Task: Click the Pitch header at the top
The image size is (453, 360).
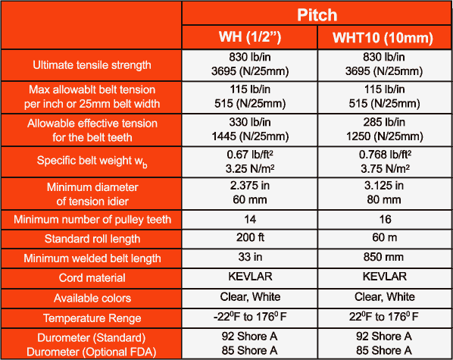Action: (317, 14)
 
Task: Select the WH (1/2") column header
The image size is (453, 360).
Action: (250, 37)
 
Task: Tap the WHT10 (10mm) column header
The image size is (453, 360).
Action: (383, 38)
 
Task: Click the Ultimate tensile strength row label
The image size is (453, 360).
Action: (92, 64)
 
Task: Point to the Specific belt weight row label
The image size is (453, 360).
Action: (92, 161)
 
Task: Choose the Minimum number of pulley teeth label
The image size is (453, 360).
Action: (92, 220)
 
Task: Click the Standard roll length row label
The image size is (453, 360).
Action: (92, 239)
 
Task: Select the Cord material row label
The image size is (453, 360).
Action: (92, 277)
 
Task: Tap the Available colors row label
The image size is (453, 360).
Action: (92, 298)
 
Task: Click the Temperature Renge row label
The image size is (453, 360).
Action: (92, 318)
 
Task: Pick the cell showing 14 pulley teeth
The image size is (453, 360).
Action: (250, 220)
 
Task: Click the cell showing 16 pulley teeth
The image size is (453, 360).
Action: (385, 220)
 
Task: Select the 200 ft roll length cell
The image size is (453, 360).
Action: (250, 237)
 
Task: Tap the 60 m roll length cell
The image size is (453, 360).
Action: (385, 237)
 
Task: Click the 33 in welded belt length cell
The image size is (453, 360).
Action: (250, 257)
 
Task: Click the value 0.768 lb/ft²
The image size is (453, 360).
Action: (385, 155)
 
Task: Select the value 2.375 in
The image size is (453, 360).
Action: (250, 186)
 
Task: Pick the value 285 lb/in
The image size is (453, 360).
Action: (384, 122)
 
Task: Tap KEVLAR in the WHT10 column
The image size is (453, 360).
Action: (385, 277)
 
